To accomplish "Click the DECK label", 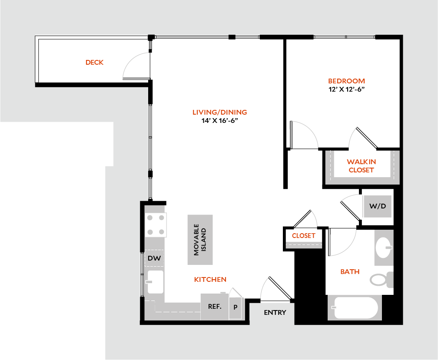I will pyautogui.click(x=94, y=63).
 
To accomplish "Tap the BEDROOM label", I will pyautogui.click(x=346, y=81).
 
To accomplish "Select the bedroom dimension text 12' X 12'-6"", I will pyautogui.click(x=346, y=89).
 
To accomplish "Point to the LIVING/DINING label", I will pyautogui.click(x=219, y=112).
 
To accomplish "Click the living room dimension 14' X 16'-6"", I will pyautogui.click(x=219, y=121).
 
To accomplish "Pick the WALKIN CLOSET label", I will pyautogui.click(x=361, y=166).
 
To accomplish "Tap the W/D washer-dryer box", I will pyautogui.click(x=378, y=206).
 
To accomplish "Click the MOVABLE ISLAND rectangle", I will pyautogui.click(x=200, y=240).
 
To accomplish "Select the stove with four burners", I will pyautogui.click(x=156, y=225).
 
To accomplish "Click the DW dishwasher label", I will pyautogui.click(x=154, y=258).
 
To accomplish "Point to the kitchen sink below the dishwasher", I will pyautogui.click(x=155, y=282).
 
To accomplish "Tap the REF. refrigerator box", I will pyautogui.click(x=215, y=307).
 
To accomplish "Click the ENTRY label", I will pyautogui.click(x=275, y=312).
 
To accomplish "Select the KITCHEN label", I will pyautogui.click(x=210, y=279).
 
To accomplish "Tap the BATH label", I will pyautogui.click(x=350, y=272).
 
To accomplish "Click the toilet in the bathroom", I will pyautogui.click(x=381, y=279).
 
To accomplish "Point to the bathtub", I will pyautogui.click(x=354, y=308).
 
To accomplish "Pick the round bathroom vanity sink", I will pyautogui.click(x=383, y=247).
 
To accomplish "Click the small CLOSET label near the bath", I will pyautogui.click(x=303, y=236).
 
